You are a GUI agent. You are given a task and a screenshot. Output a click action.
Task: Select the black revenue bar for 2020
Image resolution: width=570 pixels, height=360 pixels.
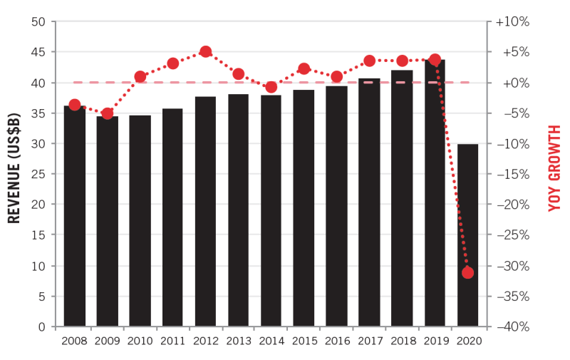point(467,235)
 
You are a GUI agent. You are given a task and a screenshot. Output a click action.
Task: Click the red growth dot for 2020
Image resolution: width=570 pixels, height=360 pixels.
point(467,272)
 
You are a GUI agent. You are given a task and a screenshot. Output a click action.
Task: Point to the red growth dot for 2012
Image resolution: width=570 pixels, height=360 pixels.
point(206,52)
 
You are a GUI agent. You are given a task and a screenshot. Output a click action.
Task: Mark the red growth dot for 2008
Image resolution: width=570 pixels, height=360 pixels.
point(75,105)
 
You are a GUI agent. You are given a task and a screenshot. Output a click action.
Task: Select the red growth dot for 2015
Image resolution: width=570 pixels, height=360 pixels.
point(304,69)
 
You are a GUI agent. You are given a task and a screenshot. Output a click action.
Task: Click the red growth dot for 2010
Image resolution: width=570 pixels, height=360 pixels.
point(140,77)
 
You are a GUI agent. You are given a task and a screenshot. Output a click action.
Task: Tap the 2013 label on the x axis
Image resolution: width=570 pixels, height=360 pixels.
point(238,341)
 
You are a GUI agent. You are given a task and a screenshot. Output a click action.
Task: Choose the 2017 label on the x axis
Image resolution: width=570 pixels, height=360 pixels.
point(369,341)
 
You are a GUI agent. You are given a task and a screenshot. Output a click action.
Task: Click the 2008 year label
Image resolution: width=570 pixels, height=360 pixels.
point(75,341)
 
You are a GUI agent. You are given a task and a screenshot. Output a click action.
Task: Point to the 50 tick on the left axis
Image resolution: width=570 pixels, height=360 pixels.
point(38,22)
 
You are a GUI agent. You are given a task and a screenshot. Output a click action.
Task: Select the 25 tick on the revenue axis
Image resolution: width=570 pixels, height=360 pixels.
point(38,175)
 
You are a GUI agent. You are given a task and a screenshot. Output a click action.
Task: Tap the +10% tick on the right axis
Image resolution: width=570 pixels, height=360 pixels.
point(513,22)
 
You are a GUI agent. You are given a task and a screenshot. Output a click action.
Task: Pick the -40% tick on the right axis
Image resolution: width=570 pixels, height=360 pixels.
point(513,327)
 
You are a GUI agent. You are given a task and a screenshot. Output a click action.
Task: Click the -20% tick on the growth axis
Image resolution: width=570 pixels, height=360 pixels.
point(513,205)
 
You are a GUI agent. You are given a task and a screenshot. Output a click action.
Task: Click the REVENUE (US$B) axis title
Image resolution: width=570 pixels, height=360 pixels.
point(14,174)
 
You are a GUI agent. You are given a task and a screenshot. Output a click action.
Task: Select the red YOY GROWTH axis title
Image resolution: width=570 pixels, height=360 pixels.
point(555,174)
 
